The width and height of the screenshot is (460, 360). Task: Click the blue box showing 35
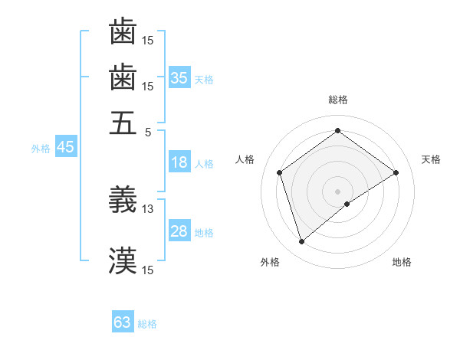pyautogui.click(x=179, y=78)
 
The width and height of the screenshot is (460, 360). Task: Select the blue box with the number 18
pyautogui.click(x=179, y=162)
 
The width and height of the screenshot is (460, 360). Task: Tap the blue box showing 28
pyautogui.click(x=179, y=231)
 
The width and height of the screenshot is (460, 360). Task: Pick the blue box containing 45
pyautogui.click(x=65, y=148)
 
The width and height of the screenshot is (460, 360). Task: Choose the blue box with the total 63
pyautogui.click(x=123, y=322)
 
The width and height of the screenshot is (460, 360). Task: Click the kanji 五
pyautogui.click(x=123, y=123)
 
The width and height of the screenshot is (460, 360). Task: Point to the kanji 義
pyautogui.click(x=123, y=200)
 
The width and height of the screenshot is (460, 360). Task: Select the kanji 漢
pyautogui.click(x=123, y=261)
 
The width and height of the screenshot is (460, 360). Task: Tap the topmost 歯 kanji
pyautogui.click(x=123, y=32)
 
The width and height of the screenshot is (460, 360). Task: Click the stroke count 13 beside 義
pyautogui.click(x=148, y=208)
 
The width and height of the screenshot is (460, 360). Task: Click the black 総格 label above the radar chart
pyautogui.click(x=338, y=100)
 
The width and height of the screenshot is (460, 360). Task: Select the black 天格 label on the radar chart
pyautogui.click(x=431, y=159)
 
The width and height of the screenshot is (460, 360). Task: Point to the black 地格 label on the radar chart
pyautogui.click(x=402, y=262)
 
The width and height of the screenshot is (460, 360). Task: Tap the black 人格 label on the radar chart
pyautogui.click(x=245, y=159)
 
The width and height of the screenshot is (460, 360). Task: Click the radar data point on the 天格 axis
pyautogui.click(x=396, y=172)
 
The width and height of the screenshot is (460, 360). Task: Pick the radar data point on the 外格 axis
pyautogui.click(x=301, y=242)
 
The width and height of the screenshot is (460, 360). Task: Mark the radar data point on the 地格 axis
pyautogui.click(x=347, y=204)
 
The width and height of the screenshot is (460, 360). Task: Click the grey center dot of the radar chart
pyautogui.click(x=338, y=191)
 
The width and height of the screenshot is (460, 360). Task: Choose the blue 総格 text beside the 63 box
pyautogui.click(x=147, y=324)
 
